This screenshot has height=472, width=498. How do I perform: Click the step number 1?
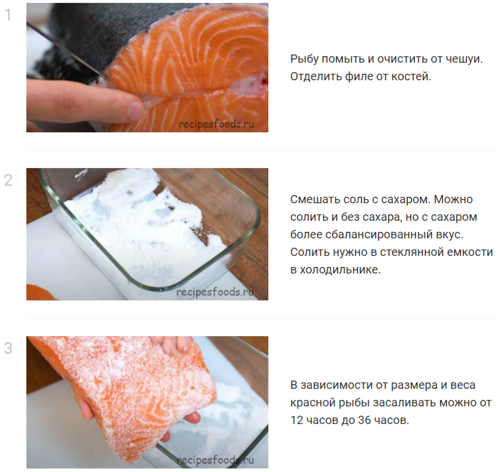coord(8,15)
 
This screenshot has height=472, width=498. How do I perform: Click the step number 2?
coord(8,180)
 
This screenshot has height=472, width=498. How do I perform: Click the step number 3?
coord(8,348)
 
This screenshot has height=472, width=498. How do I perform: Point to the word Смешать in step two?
coord(314,200)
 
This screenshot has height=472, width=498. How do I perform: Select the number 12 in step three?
coord(297,420)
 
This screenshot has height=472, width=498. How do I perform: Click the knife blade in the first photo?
coord(67,52)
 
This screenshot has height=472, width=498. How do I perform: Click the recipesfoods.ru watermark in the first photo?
coord(217,124)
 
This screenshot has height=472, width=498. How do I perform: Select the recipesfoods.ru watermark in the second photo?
coord(215,292)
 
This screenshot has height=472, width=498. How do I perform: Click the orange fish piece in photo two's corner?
coord(40,292)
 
